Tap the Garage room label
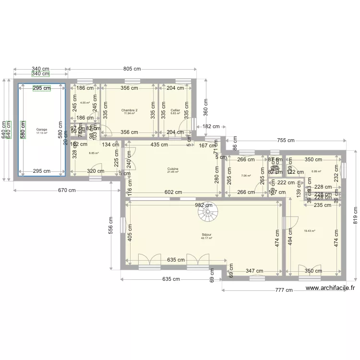click(x=42, y=131)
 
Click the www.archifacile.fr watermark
click(x=330, y=288)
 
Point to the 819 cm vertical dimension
click(x=356, y=215)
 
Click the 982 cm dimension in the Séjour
click(x=204, y=205)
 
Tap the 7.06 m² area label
click(x=246, y=176)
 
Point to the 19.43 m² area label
click(x=310, y=231)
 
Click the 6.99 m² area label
click(x=316, y=171)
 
